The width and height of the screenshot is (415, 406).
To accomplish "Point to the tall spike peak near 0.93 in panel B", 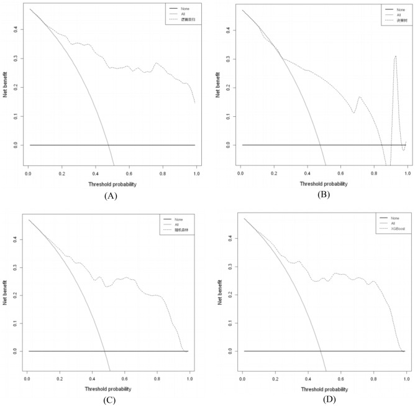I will tap(395, 57).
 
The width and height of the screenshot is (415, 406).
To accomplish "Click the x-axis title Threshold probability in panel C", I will tap(107, 389).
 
